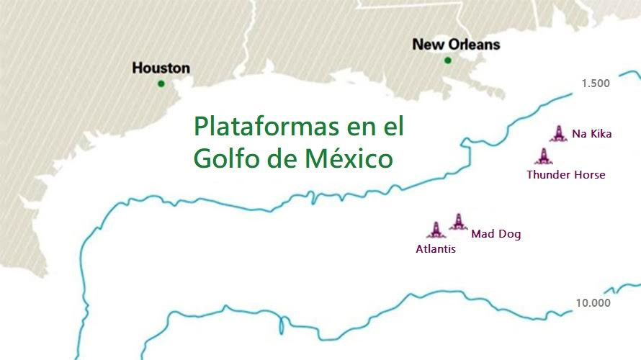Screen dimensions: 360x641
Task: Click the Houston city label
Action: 161,68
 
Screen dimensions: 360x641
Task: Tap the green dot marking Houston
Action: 161,84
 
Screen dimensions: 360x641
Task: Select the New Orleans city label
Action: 456,45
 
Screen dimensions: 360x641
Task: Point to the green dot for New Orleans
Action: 448,60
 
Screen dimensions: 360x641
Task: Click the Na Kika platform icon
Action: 559,133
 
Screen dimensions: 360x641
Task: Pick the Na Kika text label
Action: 591,133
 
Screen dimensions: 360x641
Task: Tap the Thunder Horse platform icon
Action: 542,156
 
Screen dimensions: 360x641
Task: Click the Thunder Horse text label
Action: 565,174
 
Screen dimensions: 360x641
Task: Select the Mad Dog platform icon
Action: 458,222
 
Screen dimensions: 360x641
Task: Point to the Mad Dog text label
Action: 496,234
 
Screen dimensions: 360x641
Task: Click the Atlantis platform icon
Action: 436,230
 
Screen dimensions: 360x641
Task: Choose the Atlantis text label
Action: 436,249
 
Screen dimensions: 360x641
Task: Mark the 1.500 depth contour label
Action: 596,84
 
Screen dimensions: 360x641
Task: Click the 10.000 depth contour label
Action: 592,302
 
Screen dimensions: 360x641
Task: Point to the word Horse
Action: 588,174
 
